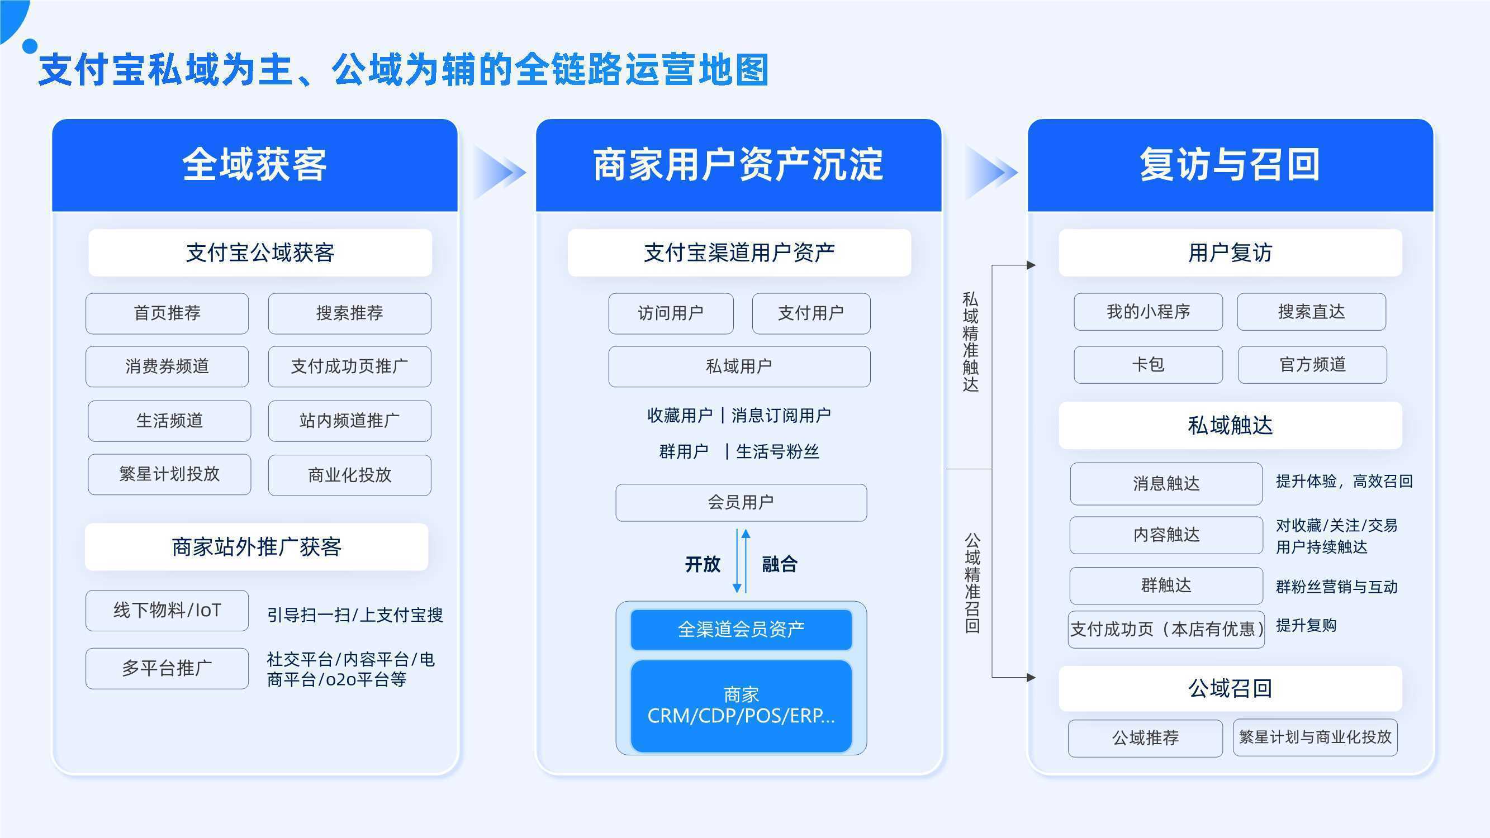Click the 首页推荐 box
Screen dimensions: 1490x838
tap(167, 313)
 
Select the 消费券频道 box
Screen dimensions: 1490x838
tap(167, 366)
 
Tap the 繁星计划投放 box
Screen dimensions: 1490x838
tap(169, 474)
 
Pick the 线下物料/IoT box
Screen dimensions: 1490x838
tap(167, 611)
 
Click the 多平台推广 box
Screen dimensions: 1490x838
tap(167, 669)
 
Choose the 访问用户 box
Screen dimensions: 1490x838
tap(671, 313)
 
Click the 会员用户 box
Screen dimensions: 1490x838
tap(741, 503)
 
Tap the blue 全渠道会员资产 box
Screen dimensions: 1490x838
tap(741, 630)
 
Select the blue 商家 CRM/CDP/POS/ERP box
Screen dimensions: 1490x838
tap(741, 706)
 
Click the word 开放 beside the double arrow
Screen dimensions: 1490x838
tap(703, 564)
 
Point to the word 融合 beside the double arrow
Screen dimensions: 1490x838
tap(780, 564)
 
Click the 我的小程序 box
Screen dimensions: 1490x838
tap(1149, 312)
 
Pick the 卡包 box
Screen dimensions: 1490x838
tap(1149, 365)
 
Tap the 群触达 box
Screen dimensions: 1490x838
tap(1166, 586)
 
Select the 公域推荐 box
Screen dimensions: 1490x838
tap(1145, 739)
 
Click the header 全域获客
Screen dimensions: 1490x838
tap(254, 165)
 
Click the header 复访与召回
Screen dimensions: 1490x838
tap(1230, 165)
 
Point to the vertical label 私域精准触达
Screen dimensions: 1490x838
tap(971, 342)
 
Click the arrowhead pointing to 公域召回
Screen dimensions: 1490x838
tap(1031, 677)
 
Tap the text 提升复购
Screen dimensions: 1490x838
tap(1306, 625)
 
